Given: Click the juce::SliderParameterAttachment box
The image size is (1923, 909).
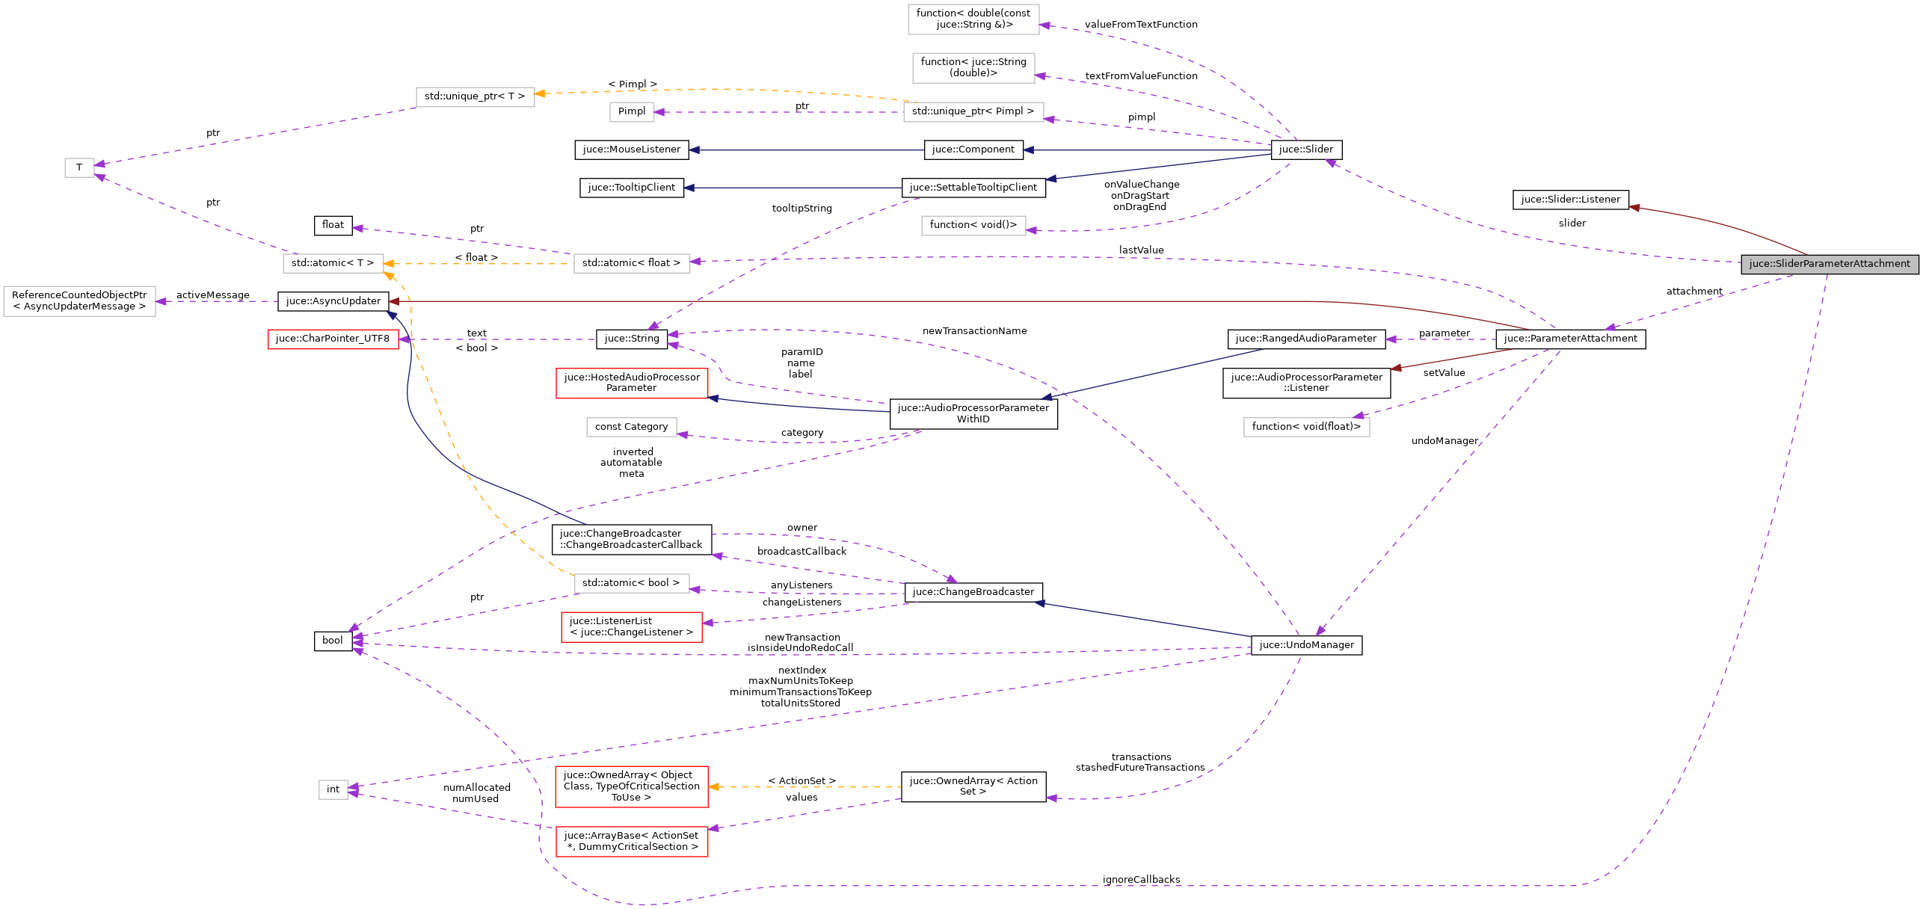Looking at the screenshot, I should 1829,264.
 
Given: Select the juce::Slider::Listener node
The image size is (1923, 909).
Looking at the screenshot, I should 1570,200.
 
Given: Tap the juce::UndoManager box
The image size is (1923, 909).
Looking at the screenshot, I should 1306,645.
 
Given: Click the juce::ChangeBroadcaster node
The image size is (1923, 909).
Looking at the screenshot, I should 973,592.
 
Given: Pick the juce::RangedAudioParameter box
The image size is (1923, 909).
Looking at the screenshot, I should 1305,339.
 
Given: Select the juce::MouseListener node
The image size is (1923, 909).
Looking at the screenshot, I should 631,150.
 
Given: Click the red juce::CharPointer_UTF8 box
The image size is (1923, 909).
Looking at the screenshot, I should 332,339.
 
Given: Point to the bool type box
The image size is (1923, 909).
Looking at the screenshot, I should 333,641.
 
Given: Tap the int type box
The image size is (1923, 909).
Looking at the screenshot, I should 333,789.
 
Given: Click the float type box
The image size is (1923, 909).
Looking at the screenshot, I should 333,225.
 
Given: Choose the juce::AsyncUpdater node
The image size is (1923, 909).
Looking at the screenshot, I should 333,301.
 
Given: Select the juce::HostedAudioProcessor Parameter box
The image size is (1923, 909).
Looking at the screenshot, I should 631,383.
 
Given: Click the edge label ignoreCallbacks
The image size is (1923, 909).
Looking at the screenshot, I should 1141,880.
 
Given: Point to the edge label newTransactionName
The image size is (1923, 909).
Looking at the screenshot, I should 974,331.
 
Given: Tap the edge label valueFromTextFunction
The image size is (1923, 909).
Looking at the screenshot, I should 1141,25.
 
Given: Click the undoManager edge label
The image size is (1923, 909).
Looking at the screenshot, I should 1444,441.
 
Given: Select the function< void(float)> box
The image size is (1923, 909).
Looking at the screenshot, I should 1306,427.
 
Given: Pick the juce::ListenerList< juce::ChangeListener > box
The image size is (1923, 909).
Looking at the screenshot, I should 631,627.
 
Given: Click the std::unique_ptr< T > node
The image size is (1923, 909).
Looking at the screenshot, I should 475,96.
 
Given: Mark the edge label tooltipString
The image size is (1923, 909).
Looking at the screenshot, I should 801,209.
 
